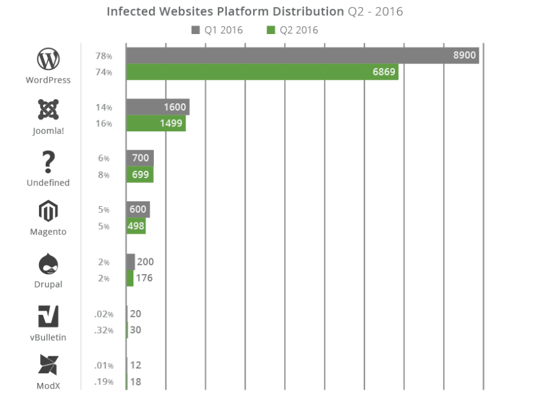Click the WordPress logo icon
(48, 60)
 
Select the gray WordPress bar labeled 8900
(302, 56)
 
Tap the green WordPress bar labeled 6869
(262, 72)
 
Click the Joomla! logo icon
(48, 110)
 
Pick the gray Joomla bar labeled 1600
(158, 107)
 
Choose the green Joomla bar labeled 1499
(156, 123)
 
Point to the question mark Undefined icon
(48, 162)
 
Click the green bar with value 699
(140, 175)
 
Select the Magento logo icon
(48, 212)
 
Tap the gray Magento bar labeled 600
(138, 210)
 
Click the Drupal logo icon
(48, 264)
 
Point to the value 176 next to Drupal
(145, 278)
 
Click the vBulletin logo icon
(48, 317)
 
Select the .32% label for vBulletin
(103, 331)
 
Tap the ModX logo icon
(48, 365)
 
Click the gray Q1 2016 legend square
(195, 30)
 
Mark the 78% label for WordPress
(103, 56)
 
